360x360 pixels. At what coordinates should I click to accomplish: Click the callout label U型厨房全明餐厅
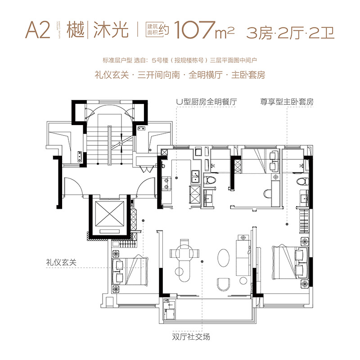207,102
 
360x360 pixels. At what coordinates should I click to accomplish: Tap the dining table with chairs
182,255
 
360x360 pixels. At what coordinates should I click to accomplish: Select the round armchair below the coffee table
224,283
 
